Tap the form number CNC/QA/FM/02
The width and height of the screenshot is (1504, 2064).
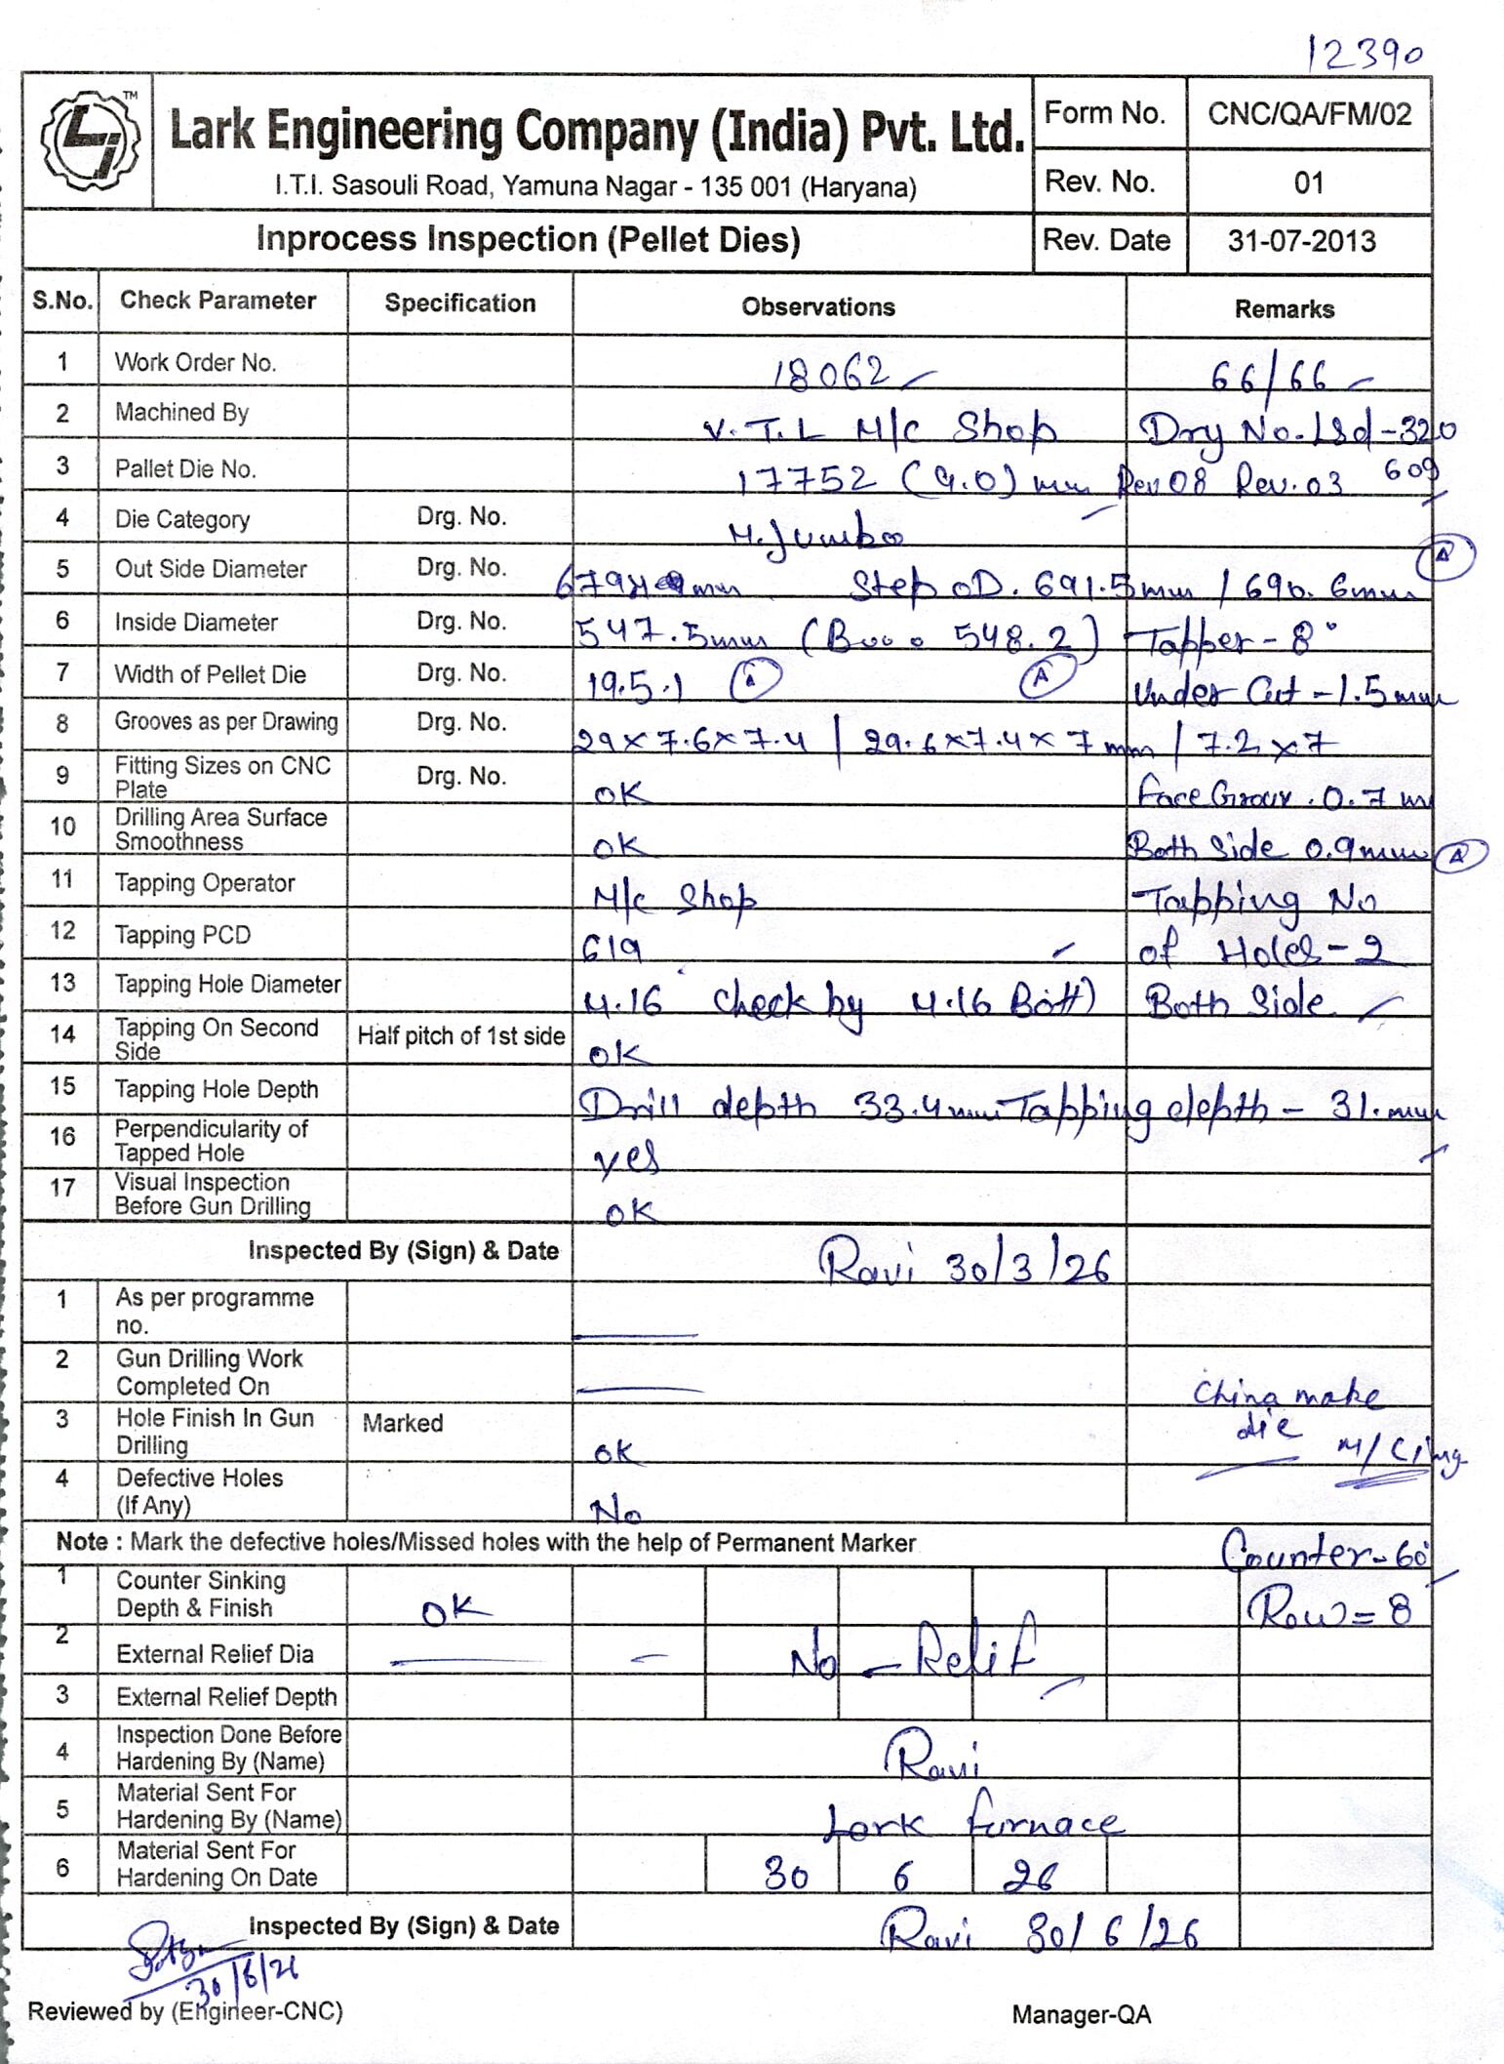(1309, 114)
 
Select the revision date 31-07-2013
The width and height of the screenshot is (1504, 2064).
(1301, 241)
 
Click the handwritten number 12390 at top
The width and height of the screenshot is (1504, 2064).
(1364, 55)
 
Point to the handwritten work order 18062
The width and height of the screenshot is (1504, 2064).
(831, 374)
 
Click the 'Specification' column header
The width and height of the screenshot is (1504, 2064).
(459, 304)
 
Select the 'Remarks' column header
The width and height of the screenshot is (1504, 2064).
(1284, 309)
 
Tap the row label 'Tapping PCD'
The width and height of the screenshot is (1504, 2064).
(182, 935)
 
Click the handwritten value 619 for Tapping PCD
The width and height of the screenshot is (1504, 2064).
(612, 948)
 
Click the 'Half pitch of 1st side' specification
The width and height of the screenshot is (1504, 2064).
(460, 1035)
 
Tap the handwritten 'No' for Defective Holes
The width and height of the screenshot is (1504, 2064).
(615, 1512)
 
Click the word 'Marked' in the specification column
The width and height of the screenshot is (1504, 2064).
(402, 1423)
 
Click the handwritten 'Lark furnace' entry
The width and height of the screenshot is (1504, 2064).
(971, 1821)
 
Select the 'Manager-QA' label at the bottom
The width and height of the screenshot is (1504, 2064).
(1081, 2014)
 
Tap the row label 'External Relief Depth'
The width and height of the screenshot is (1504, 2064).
(225, 1697)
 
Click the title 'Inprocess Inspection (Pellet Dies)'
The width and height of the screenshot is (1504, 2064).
(528, 239)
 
